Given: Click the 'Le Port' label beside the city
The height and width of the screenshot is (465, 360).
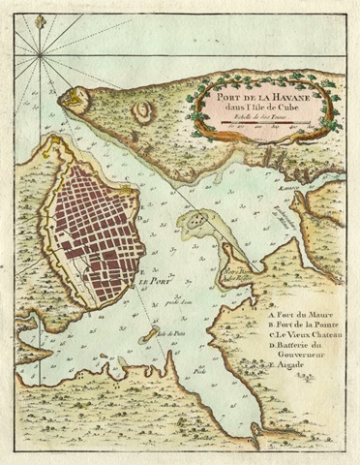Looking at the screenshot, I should [x=149, y=282].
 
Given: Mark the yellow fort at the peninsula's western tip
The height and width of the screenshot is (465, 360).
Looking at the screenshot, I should [x=69, y=96].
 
